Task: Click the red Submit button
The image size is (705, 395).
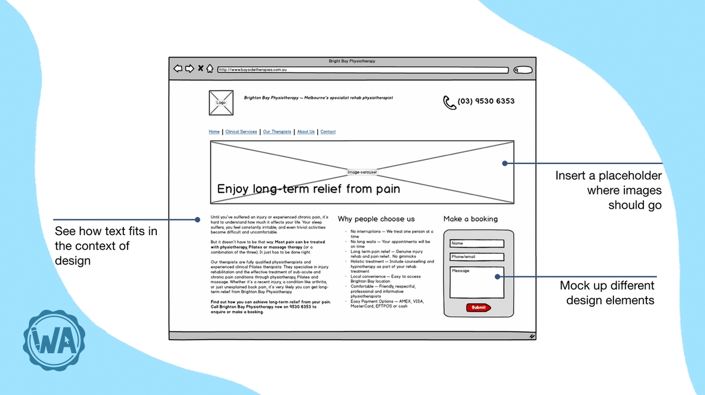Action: [x=478, y=307]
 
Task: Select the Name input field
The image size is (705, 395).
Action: [x=476, y=243]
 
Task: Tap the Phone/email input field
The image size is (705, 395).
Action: [x=476, y=257]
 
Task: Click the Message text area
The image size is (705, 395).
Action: [x=476, y=282]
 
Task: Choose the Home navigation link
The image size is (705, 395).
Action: [x=214, y=132]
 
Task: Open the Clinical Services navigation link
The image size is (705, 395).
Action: [x=241, y=132]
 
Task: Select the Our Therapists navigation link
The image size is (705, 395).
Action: [x=277, y=132]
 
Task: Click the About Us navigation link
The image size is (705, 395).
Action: [x=305, y=132]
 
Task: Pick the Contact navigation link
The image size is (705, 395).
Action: [x=328, y=132]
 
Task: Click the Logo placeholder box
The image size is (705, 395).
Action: [x=221, y=102]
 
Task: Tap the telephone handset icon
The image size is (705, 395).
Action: [x=449, y=102]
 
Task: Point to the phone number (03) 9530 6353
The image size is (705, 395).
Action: [x=486, y=101]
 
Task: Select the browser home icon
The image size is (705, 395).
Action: [x=210, y=69]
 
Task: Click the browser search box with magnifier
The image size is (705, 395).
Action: [x=522, y=70]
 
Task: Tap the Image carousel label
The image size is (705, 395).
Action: [x=362, y=172]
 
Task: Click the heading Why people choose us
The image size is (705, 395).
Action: [x=376, y=219]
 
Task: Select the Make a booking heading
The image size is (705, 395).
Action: [x=470, y=219]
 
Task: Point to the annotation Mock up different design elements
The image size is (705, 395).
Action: [x=607, y=293]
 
